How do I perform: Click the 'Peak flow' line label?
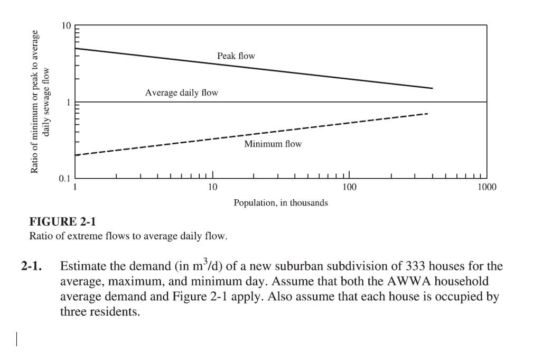coord(236,56)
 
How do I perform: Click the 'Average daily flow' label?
coord(181,93)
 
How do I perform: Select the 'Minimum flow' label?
coord(273,144)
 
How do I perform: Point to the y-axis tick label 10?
coord(66,26)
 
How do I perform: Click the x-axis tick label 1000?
coord(487,187)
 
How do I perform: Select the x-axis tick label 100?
coord(349,187)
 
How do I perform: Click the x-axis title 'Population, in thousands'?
coord(280,202)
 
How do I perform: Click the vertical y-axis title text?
coord(40,101)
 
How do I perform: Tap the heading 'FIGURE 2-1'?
coord(62,221)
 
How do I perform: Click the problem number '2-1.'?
coord(31,266)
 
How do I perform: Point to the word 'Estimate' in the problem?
coord(81,266)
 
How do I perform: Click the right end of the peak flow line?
coord(432,88)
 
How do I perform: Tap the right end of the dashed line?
coord(427,114)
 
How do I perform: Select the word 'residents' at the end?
coord(120,312)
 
